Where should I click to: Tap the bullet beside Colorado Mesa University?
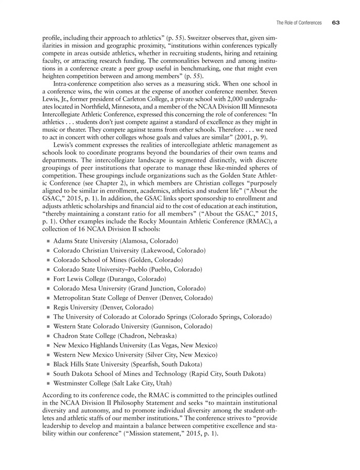48,288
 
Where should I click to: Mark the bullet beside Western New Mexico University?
48,355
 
